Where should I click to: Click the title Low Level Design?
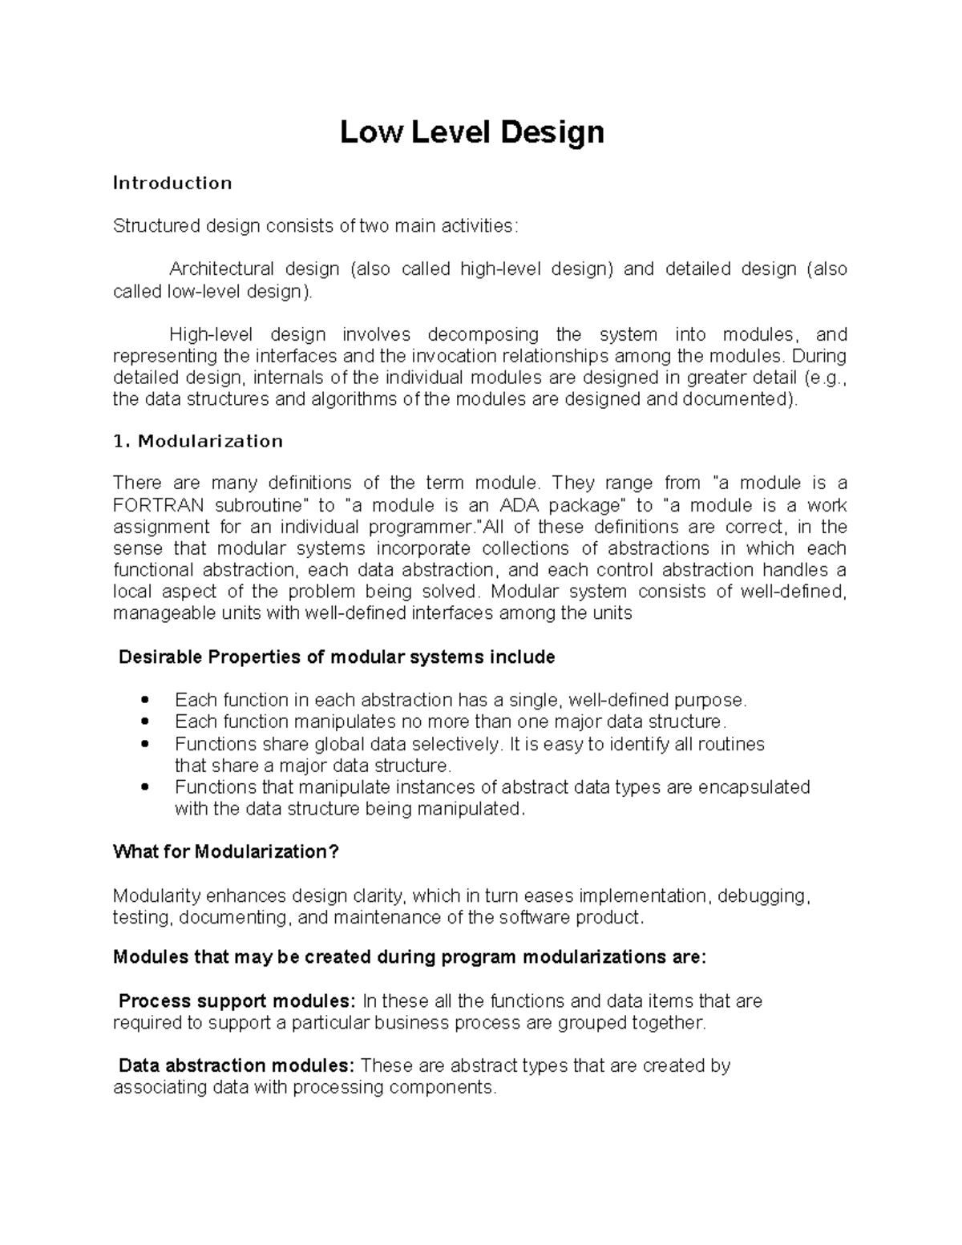click(x=471, y=132)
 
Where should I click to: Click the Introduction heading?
click(x=172, y=183)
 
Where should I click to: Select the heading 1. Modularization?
click(x=198, y=441)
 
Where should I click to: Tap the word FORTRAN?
click(x=158, y=505)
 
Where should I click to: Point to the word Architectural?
click(x=221, y=269)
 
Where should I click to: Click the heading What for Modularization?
click(x=226, y=851)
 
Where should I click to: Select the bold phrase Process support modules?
click(x=236, y=1000)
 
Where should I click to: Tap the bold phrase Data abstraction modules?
click(x=236, y=1065)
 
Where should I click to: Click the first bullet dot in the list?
click(x=144, y=700)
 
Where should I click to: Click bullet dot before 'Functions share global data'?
click(x=144, y=743)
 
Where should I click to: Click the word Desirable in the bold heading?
click(x=160, y=657)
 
